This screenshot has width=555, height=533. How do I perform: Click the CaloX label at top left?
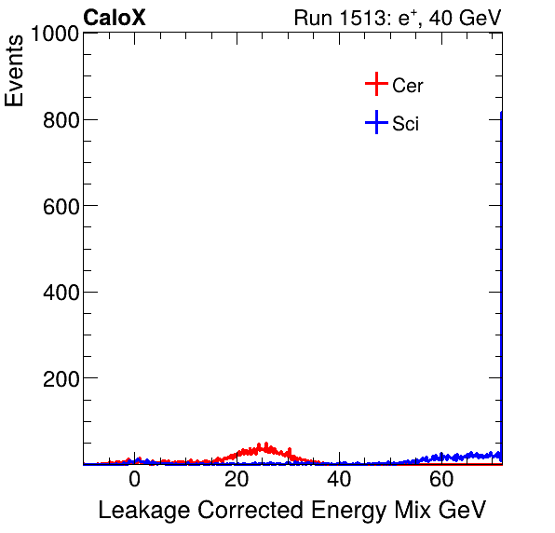click(x=115, y=18)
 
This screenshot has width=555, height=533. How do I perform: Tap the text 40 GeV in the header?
click(x=464, y=18)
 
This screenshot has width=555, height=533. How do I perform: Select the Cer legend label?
click(x=408, y=86)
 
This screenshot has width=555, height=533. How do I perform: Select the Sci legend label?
click(x=406, y=123)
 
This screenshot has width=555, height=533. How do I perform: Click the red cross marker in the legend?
click(x=375, y=85)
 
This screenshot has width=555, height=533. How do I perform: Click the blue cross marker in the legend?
click(x=375, y=122)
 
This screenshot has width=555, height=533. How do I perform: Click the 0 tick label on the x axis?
click(x=134, y=481)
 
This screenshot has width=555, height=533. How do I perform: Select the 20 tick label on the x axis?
click(x=237, y=481)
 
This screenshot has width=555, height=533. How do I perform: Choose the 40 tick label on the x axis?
click(x=340, y=481)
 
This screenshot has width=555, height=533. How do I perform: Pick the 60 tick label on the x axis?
click(x=442, y=481)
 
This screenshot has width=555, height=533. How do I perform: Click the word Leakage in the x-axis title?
click(x=141, y=511)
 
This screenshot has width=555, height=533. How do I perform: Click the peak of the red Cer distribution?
click(x=266, y=446)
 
